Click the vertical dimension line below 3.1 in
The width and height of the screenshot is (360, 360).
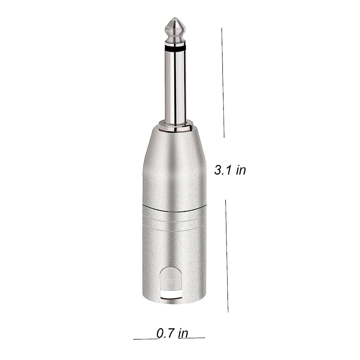coord(227,255)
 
